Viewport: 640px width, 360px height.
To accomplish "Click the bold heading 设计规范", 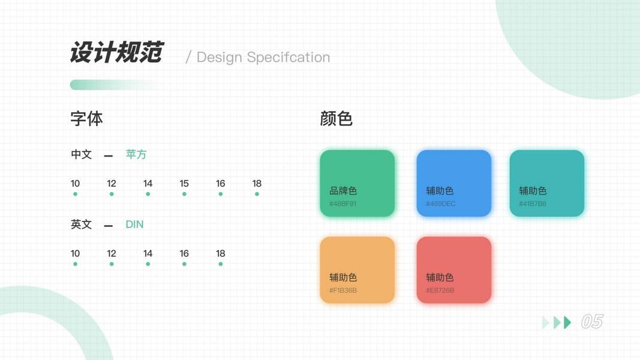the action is coord(117,52).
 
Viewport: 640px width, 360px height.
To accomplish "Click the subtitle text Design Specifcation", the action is coord(263,58).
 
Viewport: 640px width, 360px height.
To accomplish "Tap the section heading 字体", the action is coord(86,119).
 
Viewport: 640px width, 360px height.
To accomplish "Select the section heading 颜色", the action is coord(336,119).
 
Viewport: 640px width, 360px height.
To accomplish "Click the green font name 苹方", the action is coord(136,154).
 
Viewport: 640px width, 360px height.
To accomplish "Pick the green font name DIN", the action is coord(134,224).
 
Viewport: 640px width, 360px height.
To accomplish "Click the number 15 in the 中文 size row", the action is coord(184,184).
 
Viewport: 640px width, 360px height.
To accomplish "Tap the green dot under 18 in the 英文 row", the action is coord(220,264).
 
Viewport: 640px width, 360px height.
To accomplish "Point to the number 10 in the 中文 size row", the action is coord(75,184).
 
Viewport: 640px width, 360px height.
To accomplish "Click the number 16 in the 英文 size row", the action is coord(184,253).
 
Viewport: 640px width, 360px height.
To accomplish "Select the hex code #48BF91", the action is coord(343,203).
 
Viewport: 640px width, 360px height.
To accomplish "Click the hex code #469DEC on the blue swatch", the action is coord(441,203).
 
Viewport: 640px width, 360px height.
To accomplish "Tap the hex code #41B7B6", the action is coord(533,203).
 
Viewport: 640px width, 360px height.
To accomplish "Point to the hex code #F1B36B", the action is coord(343,290).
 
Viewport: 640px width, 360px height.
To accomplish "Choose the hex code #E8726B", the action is coord(440,290).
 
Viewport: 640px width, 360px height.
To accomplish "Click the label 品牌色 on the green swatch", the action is coord(343,191).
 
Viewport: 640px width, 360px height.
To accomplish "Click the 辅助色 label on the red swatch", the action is coord(440,278).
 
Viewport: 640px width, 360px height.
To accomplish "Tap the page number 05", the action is coord(592,322).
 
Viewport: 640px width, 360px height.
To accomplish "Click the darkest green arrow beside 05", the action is coord(567,322).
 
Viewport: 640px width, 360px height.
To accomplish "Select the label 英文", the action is coord(81,224).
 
